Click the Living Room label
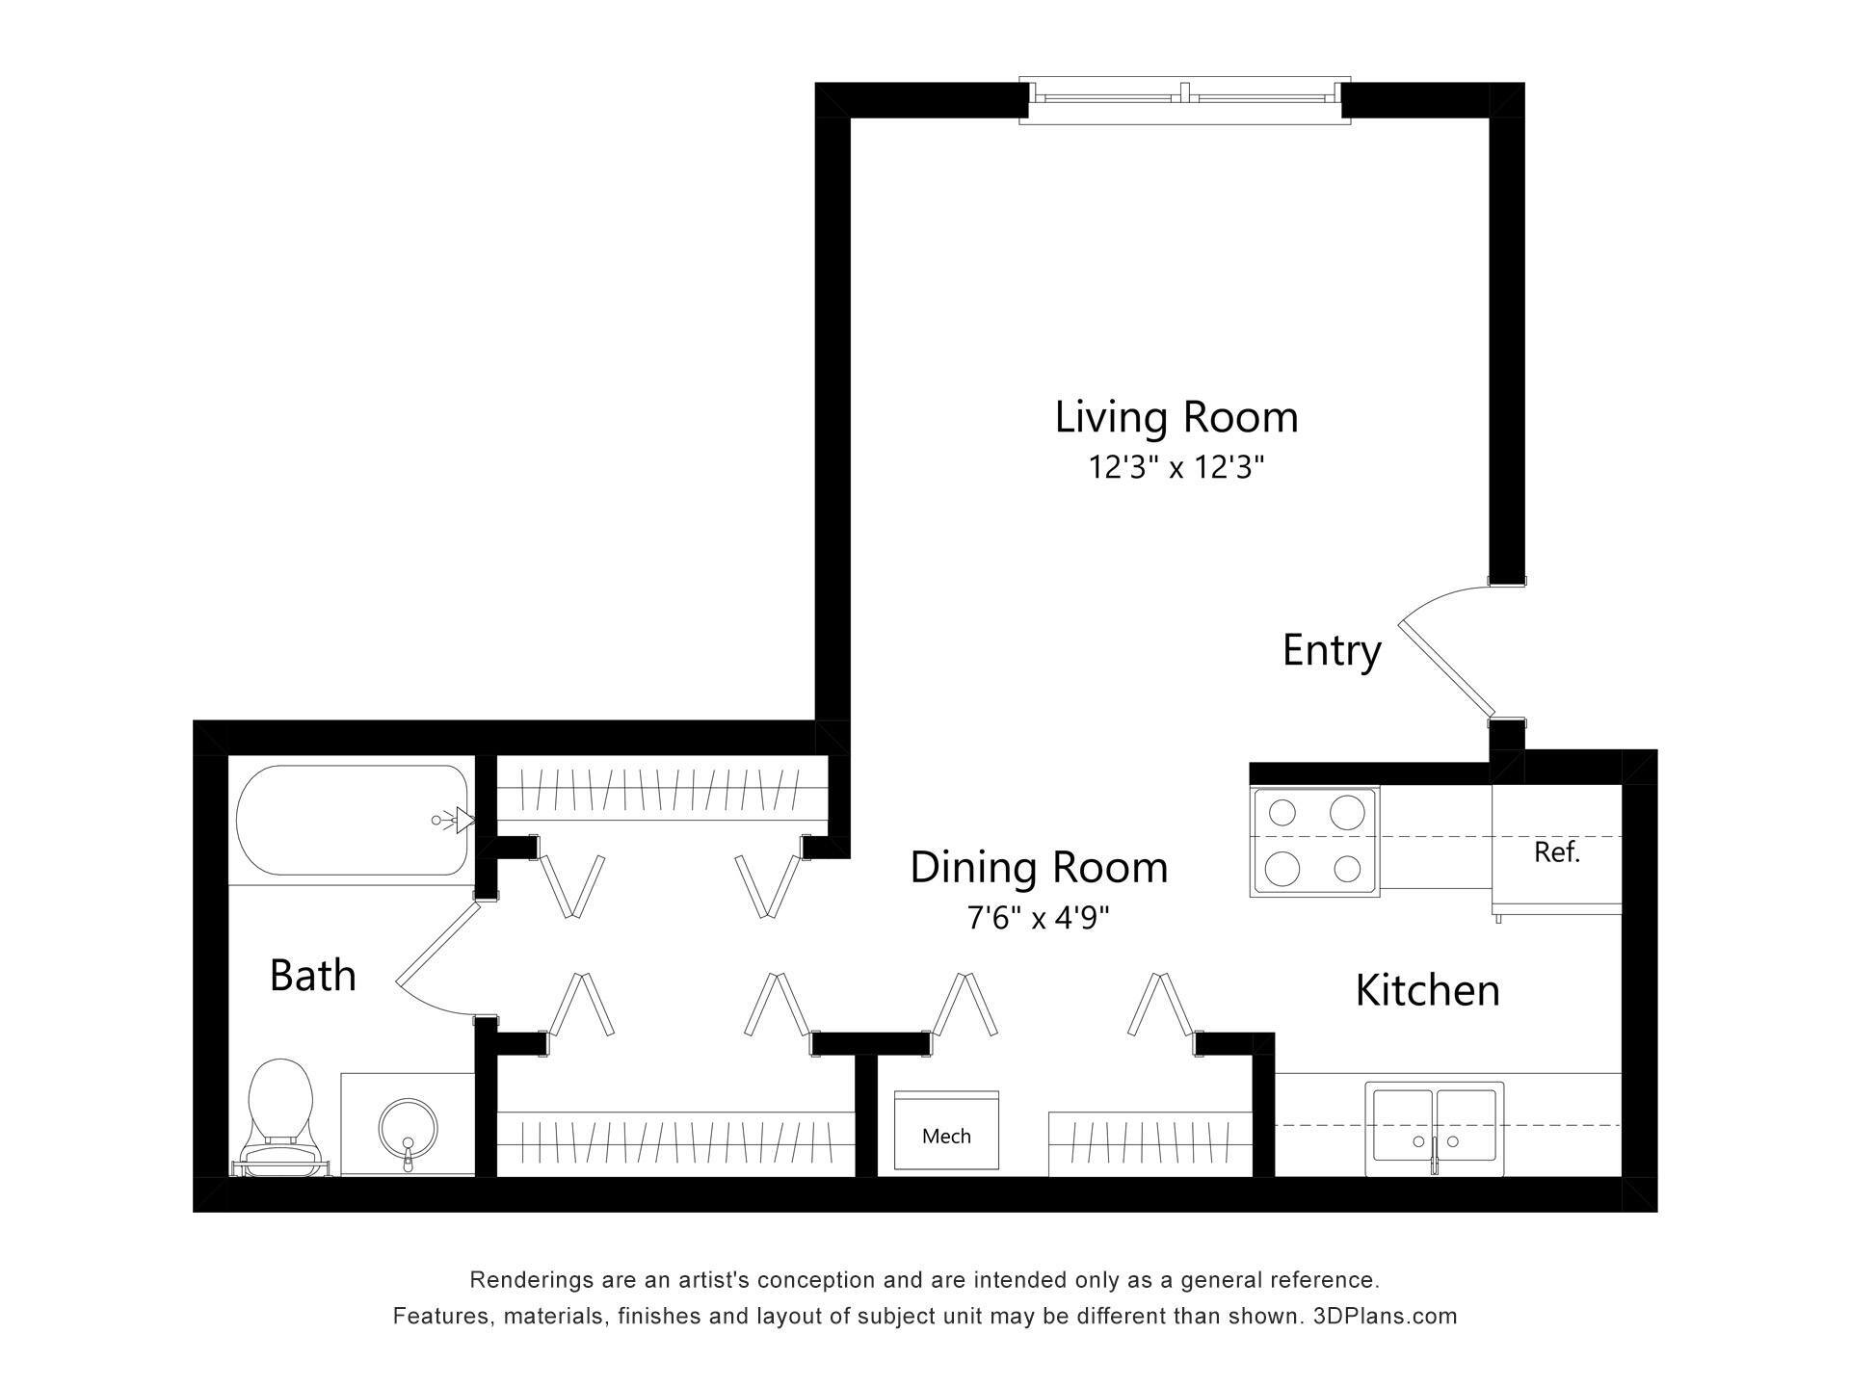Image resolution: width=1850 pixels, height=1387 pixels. pos(1176,418)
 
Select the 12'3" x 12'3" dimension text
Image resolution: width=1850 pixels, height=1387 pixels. pos(1176,468)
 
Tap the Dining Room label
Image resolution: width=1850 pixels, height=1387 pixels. pos(1039,868)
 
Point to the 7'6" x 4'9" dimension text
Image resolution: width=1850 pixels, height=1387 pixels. pos(1039,918)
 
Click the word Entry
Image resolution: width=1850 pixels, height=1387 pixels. pos(1332,651)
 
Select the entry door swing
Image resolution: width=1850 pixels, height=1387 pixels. pos(1445,665)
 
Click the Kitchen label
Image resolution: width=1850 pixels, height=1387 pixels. pos(1427,991)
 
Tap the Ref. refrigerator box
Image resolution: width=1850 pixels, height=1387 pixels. pos(1556,851)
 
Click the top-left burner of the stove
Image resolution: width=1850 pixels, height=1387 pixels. pos(1282,813)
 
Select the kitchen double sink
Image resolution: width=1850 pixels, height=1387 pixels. pos(1434,1128)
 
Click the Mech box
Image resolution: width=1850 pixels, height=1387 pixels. pos(945,1131)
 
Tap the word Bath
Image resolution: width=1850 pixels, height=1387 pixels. pos(312,976)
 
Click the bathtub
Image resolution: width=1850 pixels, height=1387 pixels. pos(353,821)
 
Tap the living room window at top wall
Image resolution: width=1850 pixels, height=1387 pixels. pos(1185,98)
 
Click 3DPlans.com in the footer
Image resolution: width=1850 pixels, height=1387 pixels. pos(1385,1316)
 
